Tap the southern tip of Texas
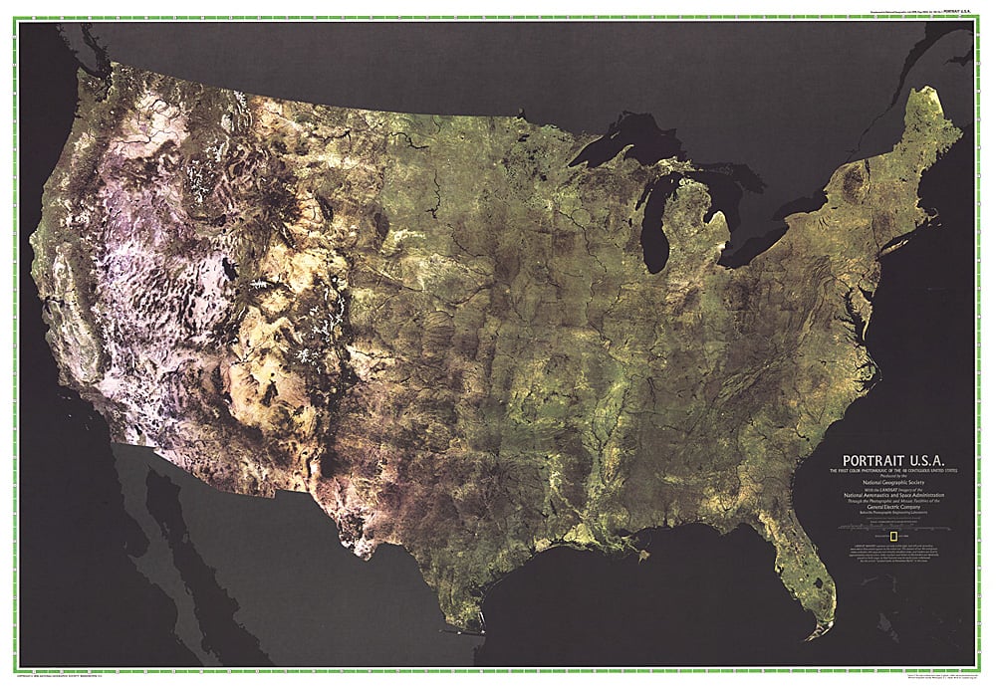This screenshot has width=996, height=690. (479, 627)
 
